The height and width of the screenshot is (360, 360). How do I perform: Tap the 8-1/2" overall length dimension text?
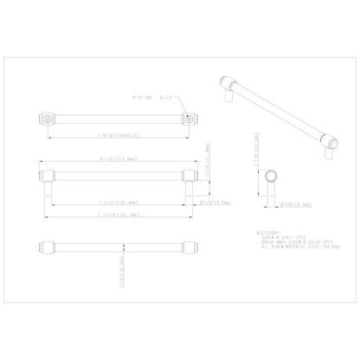[x=116, y=157]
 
